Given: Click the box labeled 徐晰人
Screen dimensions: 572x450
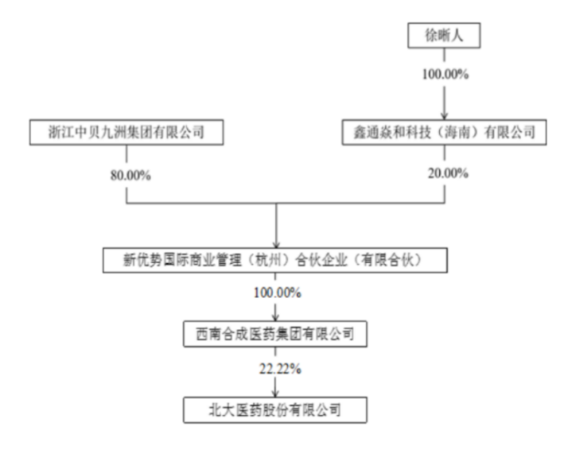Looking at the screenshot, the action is (x=444, y=35).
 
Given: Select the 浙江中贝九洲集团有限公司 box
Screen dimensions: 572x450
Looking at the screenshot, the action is (x=126, y=132).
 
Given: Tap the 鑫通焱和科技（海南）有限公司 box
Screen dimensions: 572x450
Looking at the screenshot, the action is (x=444, y=132).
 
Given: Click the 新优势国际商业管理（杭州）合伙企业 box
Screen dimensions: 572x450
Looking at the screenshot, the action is (x=275, y=260).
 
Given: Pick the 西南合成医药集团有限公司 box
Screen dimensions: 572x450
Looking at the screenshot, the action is (x=275, y=334).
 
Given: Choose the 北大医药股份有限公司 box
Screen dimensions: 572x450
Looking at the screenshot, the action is (x=275, y=410).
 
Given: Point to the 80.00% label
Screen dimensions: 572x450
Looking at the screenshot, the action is (x=130, y=176).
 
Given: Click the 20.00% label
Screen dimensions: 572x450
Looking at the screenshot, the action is (x=448, y=173).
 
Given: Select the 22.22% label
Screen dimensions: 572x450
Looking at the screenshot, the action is (x=280, y=369).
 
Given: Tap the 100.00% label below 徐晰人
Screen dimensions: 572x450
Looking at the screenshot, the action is (x=445, y=75).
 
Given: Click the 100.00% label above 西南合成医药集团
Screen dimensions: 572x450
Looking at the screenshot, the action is (x=277, y=293).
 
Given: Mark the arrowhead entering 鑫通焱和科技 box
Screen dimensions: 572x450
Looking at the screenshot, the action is (x=444, y=116).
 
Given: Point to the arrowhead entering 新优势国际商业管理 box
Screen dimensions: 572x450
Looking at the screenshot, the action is (x=276, y=244).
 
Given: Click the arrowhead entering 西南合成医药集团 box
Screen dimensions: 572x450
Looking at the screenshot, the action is (x=275, y=318).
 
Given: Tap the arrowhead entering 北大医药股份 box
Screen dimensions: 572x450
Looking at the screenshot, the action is (x=275, y=394).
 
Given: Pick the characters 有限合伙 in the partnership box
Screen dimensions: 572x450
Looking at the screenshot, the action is (x=387, y=260).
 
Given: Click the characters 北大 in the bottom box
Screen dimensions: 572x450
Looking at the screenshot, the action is (x=221, y=410).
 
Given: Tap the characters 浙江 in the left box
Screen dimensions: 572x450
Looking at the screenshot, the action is (x=61, y=132).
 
